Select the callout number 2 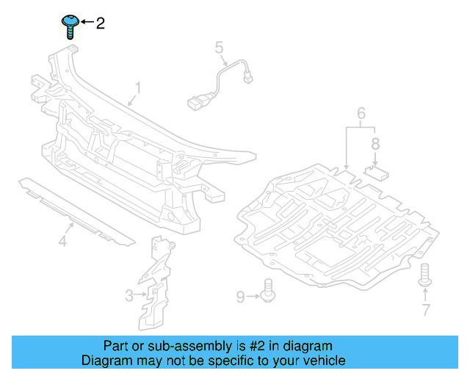[x=101, y=23]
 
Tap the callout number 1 [x=137, y=90]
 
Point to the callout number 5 [x=219, y=48]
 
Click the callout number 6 [x=361, y=113]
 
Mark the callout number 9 [x=240, y=297]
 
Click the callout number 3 [x=129, y=296]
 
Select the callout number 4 [x=63, y=241]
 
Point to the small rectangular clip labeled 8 [x=377, y=173]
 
